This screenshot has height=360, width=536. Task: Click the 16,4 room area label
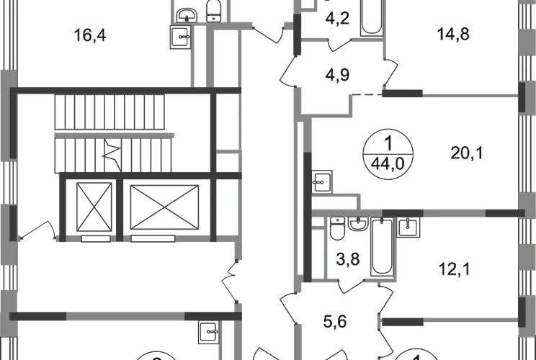tap(91, 36)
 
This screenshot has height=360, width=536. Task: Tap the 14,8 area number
tap(453, 33)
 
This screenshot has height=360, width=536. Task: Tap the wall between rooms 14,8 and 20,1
tap(468, 95)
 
